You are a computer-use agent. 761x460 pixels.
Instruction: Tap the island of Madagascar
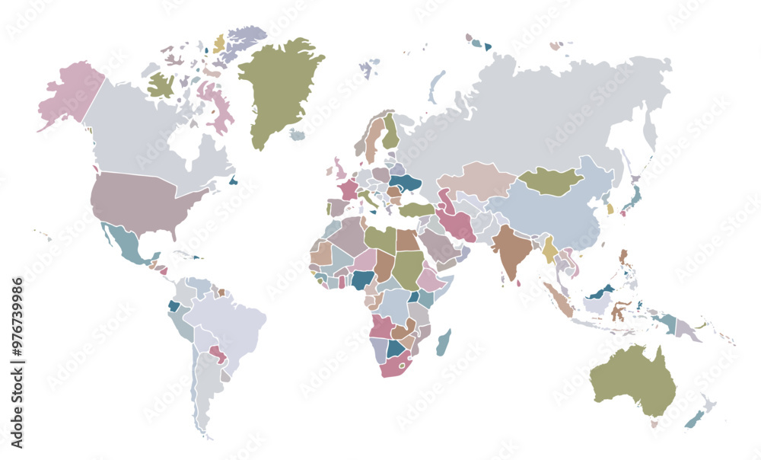pos(442,343)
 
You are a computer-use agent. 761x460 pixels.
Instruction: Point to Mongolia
pos(549,181)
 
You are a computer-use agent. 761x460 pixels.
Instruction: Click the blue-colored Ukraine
pos(405,184)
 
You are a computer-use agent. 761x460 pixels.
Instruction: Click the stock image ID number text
pos(18,363)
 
